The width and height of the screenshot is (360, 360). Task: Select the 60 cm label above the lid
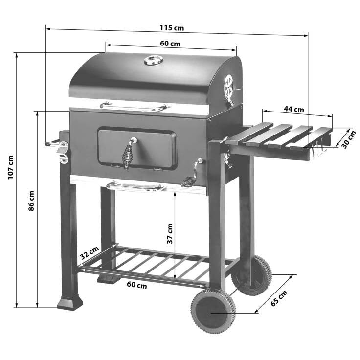point(170,44)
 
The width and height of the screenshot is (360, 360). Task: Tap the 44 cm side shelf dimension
point(294,109)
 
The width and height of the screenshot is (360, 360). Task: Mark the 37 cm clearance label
point(169,233)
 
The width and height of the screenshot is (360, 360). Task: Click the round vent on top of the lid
point(155,60)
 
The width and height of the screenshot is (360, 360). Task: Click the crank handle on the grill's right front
point(193,174)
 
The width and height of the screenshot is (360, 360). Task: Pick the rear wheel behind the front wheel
point(252,275)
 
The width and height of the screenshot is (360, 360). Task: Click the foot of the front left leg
point(70,303)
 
